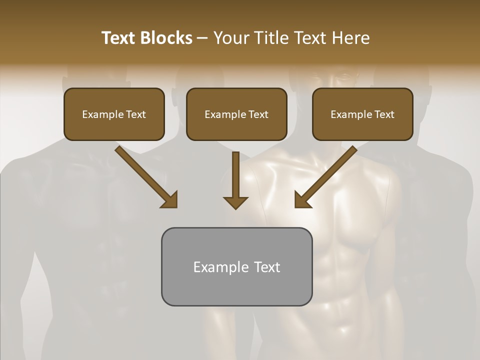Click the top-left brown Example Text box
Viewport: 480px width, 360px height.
114,114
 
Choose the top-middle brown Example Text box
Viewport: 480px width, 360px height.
236,114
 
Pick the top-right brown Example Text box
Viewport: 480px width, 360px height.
362,114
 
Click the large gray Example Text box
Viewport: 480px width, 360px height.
236,266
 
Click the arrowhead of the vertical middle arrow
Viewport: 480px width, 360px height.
235,202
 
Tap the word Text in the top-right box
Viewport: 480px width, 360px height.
384,114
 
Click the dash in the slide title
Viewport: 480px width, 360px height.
202,38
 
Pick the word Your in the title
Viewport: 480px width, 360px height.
230,38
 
